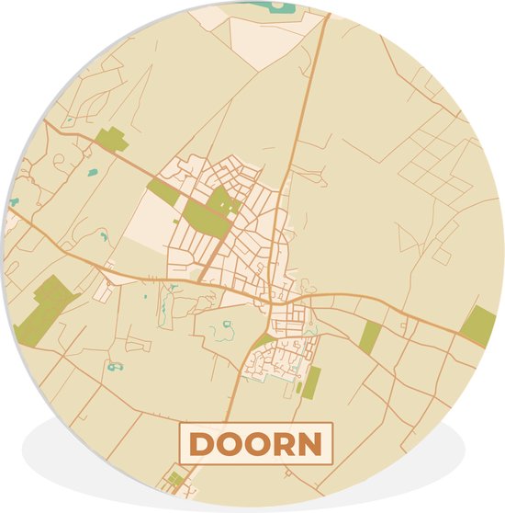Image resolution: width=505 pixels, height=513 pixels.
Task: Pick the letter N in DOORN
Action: coord(311,445)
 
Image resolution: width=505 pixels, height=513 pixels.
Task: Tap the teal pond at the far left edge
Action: coord(14,202)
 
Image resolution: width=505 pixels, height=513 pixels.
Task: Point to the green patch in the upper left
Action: coord(111,141)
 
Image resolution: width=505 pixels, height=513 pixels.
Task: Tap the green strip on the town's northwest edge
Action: coord(163,191)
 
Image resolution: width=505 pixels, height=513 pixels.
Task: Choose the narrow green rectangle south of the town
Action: coord(310,382)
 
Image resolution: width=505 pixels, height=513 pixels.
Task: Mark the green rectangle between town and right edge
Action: coord(369,336)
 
